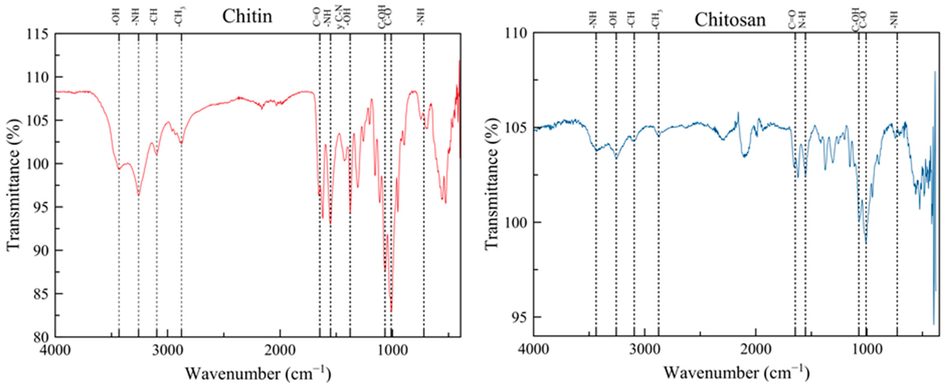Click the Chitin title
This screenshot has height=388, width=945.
coord(247,16)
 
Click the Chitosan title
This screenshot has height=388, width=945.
coord(730,20)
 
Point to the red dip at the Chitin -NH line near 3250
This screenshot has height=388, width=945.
coord(139,195)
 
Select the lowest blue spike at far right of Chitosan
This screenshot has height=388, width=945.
coord(934,324)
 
